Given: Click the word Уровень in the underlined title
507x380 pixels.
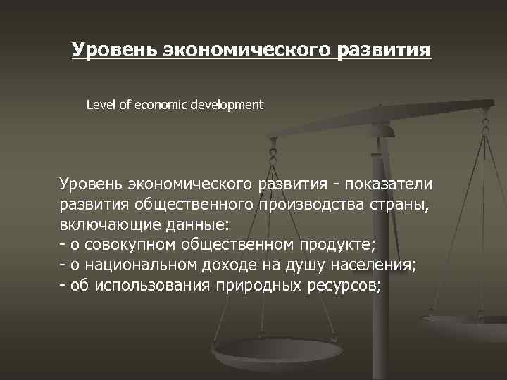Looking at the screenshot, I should point(115,51).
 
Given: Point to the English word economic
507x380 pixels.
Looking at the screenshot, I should point(156,105).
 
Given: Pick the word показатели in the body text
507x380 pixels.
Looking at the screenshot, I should point(390,184).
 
